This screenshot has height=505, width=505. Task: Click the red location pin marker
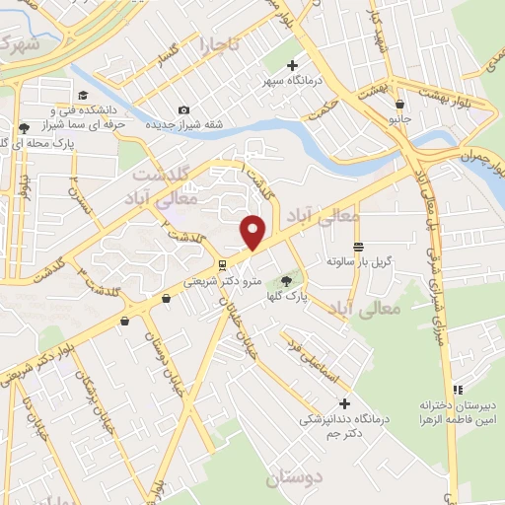tap(253, 232)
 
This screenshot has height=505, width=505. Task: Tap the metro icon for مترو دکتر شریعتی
tap(224, 264)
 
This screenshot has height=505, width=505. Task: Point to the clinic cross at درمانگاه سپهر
tap(292, 65)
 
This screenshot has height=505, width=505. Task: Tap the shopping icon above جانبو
tap(398, 104)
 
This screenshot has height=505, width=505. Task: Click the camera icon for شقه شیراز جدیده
tap(183, 109)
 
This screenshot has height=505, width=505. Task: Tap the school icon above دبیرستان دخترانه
tap(457, 389)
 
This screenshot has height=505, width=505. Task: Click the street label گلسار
tap(159, 62)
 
